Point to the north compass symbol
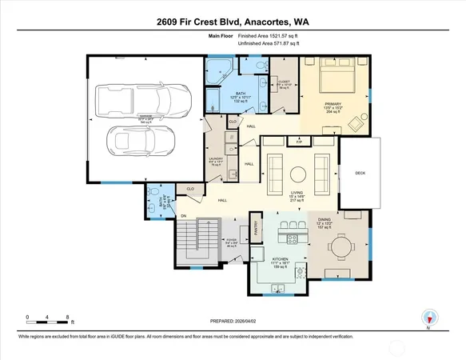coord(428,318)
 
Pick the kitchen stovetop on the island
coord(291,239)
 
